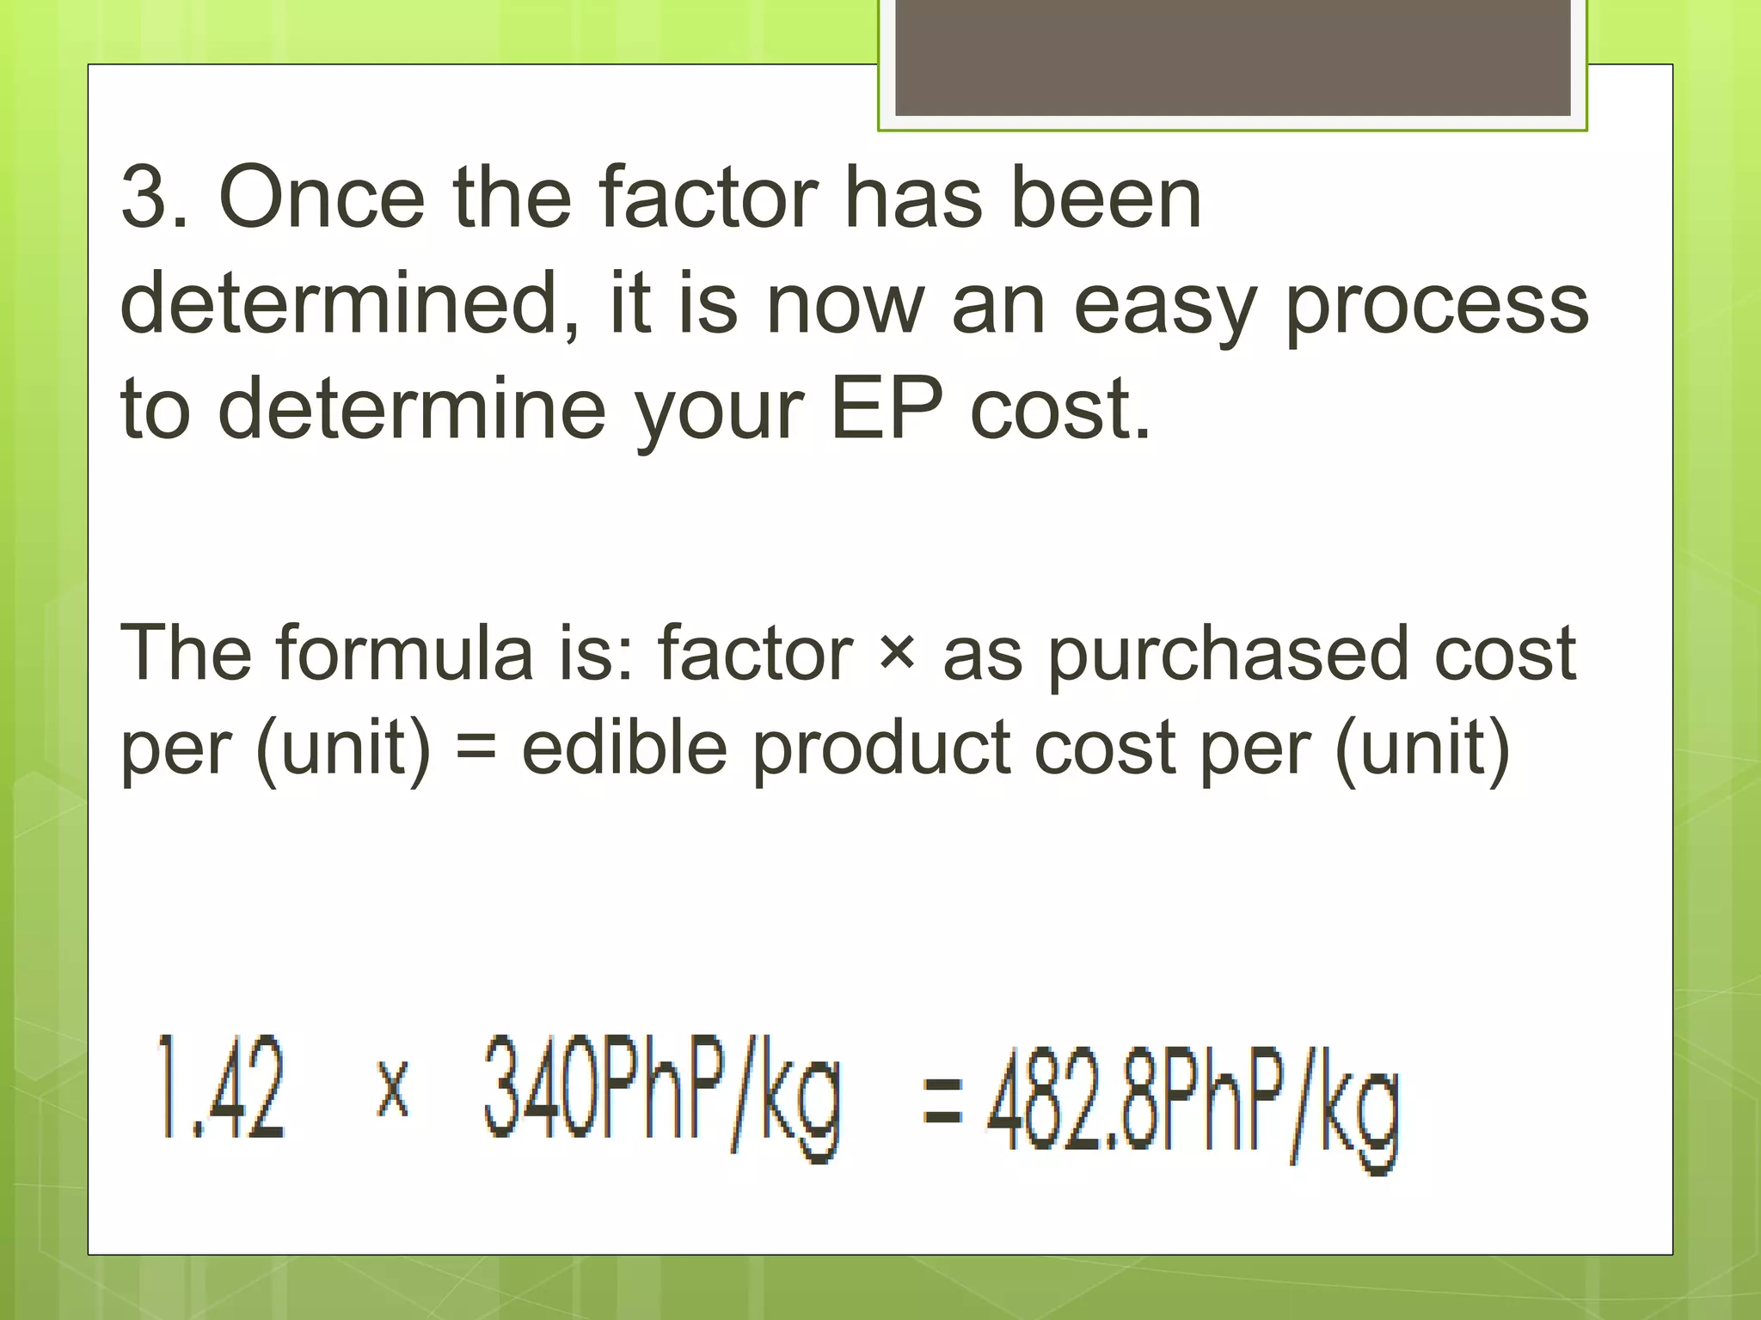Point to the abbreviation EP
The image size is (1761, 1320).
(x=887, y=409)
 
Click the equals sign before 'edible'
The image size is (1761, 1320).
(x=476, y=746)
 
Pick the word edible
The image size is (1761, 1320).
(x=625, y=746)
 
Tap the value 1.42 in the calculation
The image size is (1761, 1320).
(x=220, y=1088)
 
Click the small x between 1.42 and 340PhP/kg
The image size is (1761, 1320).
(x=393, y=1088)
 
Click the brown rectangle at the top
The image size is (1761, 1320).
(x=1232, y=57)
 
